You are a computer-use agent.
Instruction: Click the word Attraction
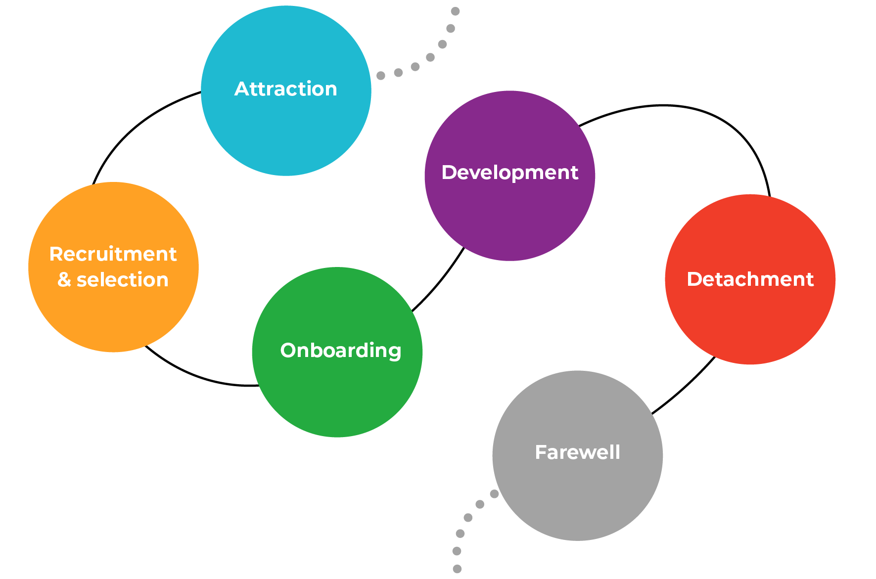(286, 89)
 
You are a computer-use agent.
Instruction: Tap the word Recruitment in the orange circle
(113, 254)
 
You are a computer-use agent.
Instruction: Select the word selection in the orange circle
(123, 280)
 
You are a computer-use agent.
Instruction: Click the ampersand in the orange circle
(64, 280)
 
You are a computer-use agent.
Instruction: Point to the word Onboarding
(340, 351)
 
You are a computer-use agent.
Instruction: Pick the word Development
(509, 173)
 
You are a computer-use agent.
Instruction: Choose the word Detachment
(750, 279)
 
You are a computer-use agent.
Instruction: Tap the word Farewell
(577, 452)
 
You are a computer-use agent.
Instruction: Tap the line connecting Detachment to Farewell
(685, 388)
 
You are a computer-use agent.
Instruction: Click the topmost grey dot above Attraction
(456, 11)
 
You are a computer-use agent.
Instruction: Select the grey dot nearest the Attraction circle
(381, 76)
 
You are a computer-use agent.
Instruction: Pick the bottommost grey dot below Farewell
(457, 569)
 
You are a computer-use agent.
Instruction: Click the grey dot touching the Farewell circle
(494, 493)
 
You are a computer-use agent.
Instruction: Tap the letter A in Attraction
(241, 89)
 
